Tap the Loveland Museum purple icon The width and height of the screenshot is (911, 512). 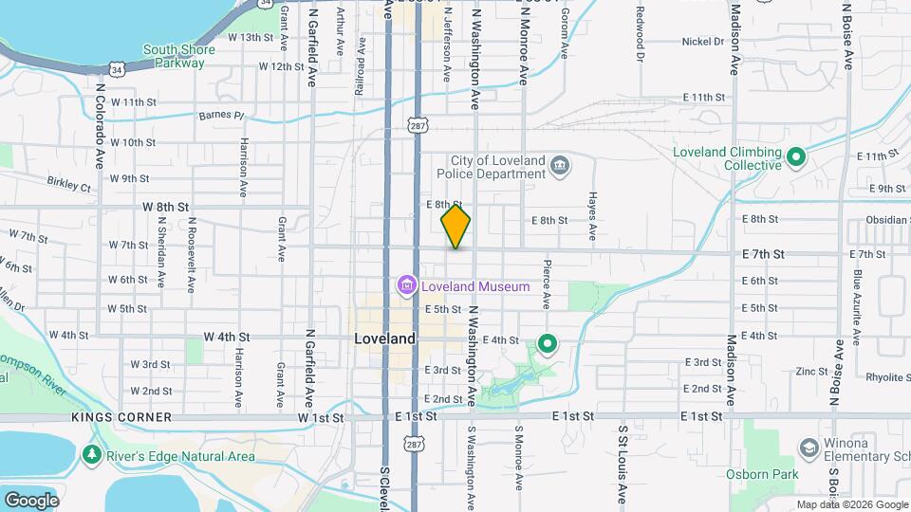tap(406, 285)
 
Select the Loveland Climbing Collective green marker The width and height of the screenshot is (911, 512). tap(796, 156)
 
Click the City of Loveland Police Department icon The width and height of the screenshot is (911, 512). tap(560, 167)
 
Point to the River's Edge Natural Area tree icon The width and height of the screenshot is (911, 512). tap(92, 456)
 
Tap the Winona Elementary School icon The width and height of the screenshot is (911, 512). tap(809, 447)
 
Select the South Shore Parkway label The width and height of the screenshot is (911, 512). tap(174, 56)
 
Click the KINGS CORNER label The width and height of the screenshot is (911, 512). tap(121, 417)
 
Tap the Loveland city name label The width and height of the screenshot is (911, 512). tap(384, 338)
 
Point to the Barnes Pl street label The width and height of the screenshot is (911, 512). tap(221, 116)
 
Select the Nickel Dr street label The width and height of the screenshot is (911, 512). tap(703, 42)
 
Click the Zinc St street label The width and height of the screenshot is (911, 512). tap(812, 371)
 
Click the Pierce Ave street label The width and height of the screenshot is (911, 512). tap(547, 284)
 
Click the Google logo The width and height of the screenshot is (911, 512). tap(31, 500)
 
